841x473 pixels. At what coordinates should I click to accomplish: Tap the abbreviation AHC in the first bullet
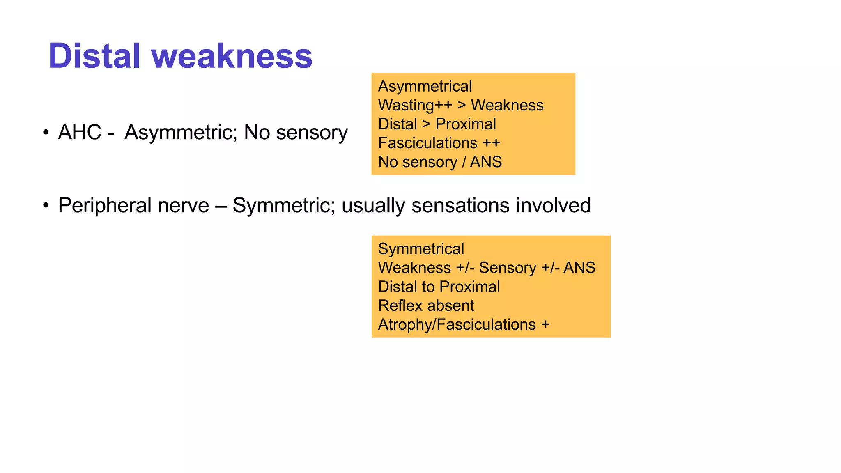click(x=80, y=132)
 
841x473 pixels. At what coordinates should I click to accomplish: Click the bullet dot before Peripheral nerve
click(x=46, y=205)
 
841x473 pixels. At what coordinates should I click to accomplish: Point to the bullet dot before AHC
click(x=46, y=132)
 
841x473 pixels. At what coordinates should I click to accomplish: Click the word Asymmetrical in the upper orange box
click(x=425, y=86)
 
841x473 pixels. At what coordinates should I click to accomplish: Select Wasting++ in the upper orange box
click(x=415, y=105)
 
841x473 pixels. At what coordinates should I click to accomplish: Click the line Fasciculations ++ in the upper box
click(x=439, y=143)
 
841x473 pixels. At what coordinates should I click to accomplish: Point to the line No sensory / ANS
click(x=440, y=162)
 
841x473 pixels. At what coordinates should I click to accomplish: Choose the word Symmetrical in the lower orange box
click(x=421, y=249)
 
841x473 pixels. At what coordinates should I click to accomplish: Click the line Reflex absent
click(x=426, y=305)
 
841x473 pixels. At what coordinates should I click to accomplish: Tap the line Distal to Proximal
click(x=439, y=287)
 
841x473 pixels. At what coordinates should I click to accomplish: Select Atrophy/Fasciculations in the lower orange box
click(x=457, y=324)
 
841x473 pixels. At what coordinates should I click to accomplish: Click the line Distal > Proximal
click(x=437, y=124)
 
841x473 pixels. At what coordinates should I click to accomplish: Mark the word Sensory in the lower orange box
click(x=508, y=268)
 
